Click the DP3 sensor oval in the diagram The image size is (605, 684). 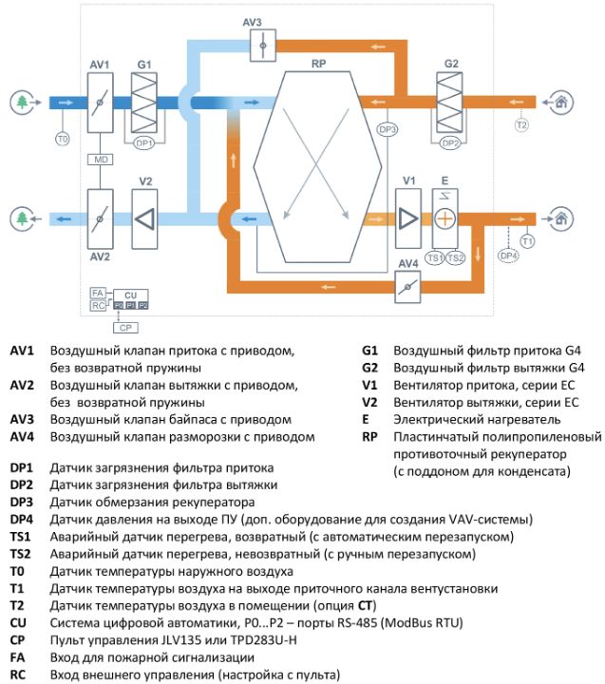387,129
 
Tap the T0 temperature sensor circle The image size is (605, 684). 63,139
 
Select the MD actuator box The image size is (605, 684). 101,160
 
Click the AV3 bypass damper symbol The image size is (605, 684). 263,46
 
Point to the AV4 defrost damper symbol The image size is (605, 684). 407,287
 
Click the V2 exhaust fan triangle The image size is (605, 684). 145,219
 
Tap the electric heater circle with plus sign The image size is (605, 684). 444,219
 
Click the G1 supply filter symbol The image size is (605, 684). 144,103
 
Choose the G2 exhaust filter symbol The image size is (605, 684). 450,103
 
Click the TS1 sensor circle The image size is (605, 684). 434,257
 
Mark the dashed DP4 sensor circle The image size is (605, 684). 508,256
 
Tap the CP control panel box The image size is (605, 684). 125,328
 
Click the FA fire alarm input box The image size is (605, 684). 97,294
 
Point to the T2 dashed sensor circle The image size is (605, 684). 521,125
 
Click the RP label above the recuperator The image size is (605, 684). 318,64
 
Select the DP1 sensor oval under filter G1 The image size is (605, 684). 144,143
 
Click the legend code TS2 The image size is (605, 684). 21,554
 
